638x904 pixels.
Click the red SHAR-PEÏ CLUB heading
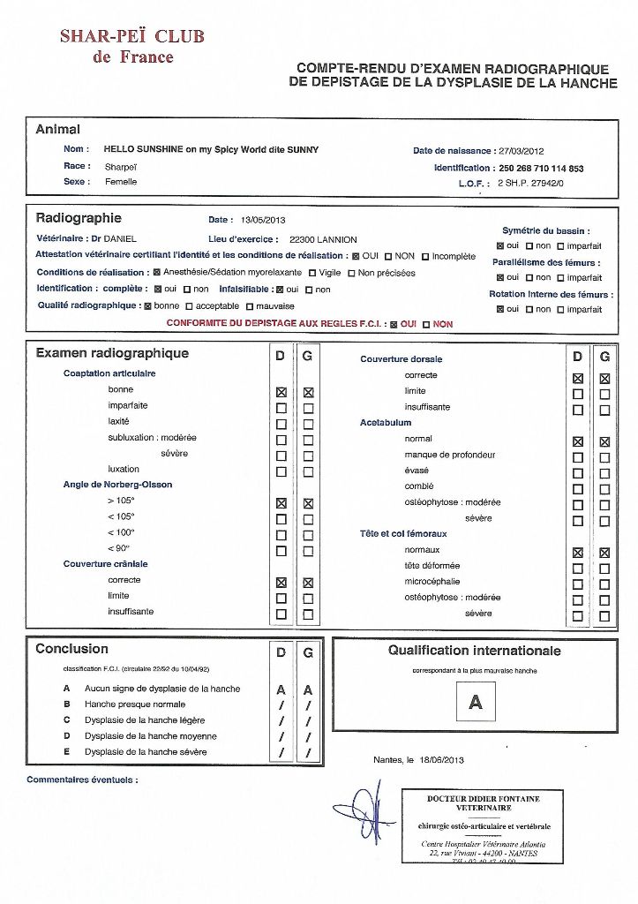[x=132, y=36]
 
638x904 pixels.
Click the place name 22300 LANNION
[x=323, y=239]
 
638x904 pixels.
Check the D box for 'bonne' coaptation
[x=281, y=392]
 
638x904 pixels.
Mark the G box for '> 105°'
[x=308, y=503]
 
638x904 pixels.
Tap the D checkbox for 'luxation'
[x=281, y=471]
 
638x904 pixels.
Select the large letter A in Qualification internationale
[x=476, y=702]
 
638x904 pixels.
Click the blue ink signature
[x=364, y=811]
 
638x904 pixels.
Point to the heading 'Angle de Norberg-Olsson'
[x=117, y=485]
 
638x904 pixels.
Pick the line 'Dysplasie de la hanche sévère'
[x=146, y=752]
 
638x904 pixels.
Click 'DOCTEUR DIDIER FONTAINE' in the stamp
[x=483, y=799]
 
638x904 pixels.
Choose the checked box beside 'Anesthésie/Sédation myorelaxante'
[x=157, y=273]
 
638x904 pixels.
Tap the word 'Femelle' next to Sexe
[x=121, y=182]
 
